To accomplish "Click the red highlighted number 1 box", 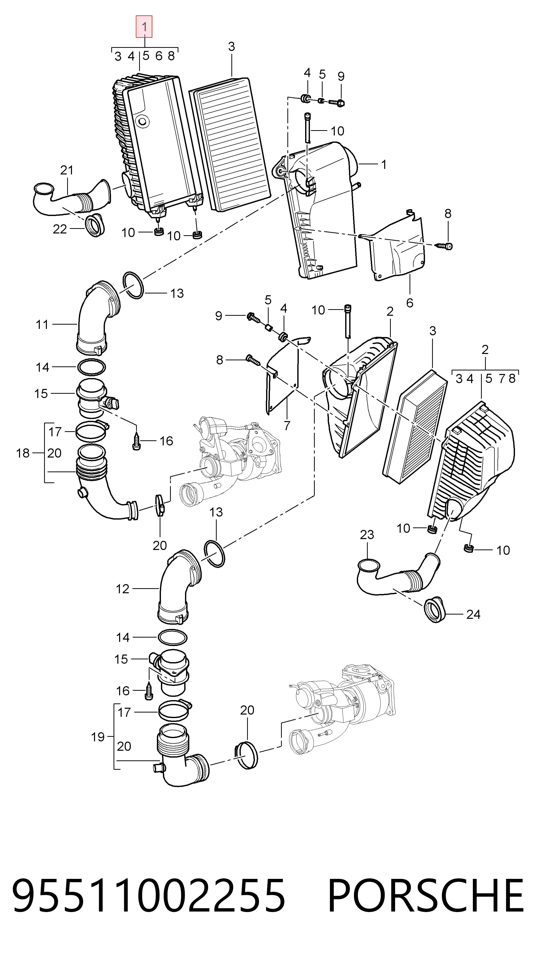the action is [x=144, y=27].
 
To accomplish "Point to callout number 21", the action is [x=67, y=170].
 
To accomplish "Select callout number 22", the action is [x=60, y=229].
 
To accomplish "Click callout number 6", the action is [x=410, y=303].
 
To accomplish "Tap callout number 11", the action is [x=42, y=324].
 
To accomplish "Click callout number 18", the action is [x=23, y=453].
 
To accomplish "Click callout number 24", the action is [x=473, y=614].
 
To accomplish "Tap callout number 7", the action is [x=287, y=426].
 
